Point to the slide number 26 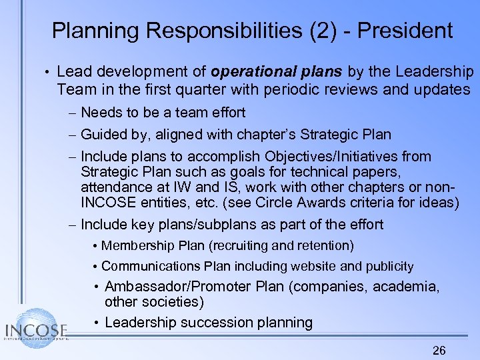point(439,351)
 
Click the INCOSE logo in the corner point(37,328)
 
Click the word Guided point(103,135)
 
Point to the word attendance point(112,187)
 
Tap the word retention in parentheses point(325,245)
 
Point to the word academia point(405,287)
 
